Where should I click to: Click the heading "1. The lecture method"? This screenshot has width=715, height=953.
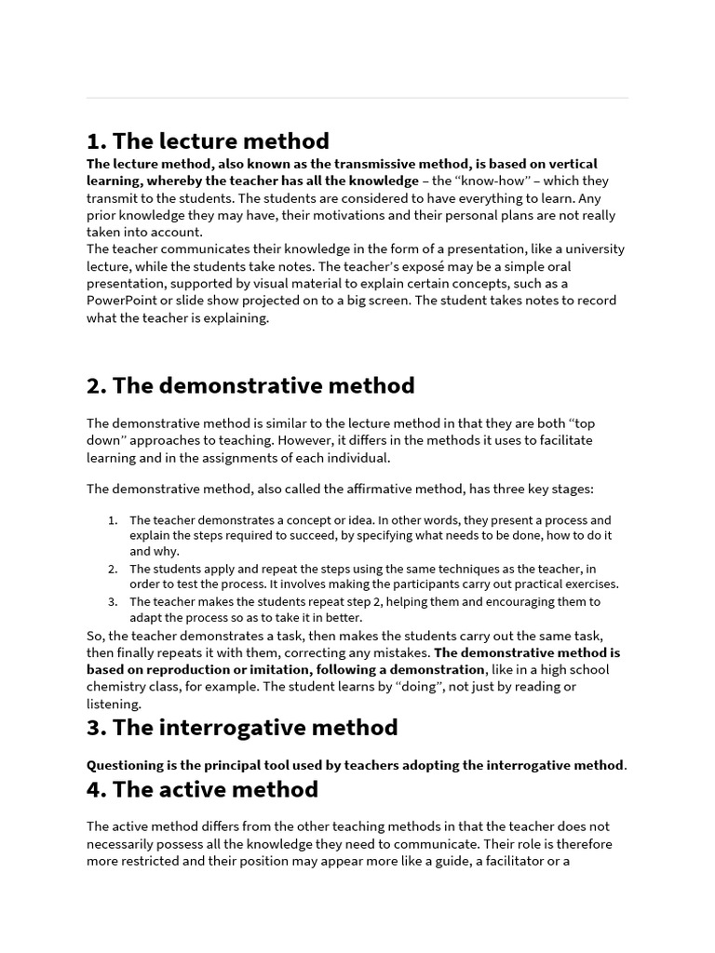coord(208,141)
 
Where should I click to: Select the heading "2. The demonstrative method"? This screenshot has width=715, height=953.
coord(250,385)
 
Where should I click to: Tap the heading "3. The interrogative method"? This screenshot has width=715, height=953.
coord(242,727)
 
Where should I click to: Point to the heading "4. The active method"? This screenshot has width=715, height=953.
coord(202,789)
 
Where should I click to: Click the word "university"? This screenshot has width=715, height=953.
coord(590,249)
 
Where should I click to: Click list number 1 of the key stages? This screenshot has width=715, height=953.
coord(113,520)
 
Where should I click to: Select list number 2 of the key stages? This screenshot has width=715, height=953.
coord(113,569)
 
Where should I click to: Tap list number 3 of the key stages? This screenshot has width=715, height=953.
coord(113,601)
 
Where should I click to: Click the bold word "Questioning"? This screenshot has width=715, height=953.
coord(130,765)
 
